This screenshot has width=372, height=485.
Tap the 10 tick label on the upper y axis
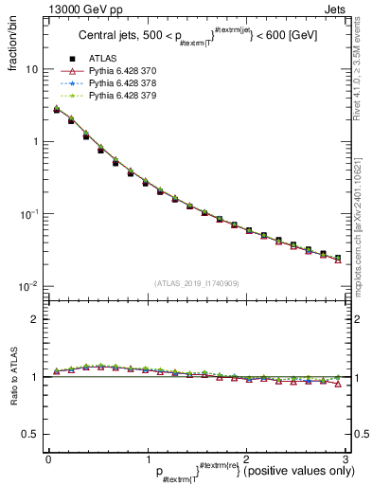pyautogui.click(x=31, y=70)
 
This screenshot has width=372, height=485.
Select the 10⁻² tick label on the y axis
pyautogui.click(x=28, y=285)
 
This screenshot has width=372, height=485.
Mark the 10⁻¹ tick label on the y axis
pyautogui.click(x=28, y=213)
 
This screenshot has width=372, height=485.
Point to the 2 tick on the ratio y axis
pyautogui.click(x=34, y=319)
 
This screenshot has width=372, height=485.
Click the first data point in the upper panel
pyautogui.click(x=57, y=110)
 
